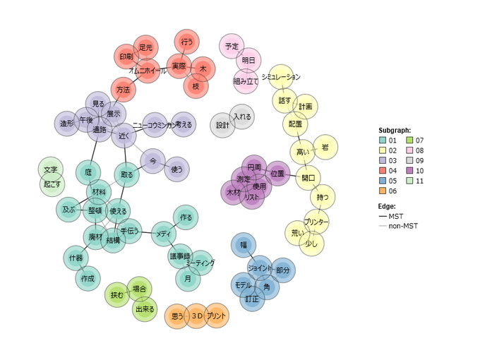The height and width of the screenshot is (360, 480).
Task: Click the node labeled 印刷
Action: point(126,56)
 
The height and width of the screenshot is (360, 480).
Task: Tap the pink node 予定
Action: point(232,47)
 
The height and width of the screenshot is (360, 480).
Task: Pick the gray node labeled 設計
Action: point(223,125)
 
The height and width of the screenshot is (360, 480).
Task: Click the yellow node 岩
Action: point(325,147)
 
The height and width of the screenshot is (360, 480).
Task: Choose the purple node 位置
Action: point(277,173)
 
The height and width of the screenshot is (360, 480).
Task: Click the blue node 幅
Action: point(244,245)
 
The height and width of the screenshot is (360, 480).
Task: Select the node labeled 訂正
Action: point(251,299)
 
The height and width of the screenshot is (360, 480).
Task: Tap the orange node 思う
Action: point(177,316)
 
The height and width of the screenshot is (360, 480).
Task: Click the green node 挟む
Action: point(116,294)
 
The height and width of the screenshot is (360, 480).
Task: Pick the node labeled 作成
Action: point(88,279)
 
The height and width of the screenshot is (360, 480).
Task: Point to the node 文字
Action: point(50,170)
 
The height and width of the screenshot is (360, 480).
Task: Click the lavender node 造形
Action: point(67,124)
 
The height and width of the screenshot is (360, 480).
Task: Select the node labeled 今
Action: point(152,161)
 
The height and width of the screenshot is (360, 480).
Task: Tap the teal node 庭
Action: point(88,172)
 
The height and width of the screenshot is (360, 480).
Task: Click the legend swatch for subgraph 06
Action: point(383,190)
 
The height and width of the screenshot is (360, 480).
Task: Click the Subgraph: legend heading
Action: point(395,130)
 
